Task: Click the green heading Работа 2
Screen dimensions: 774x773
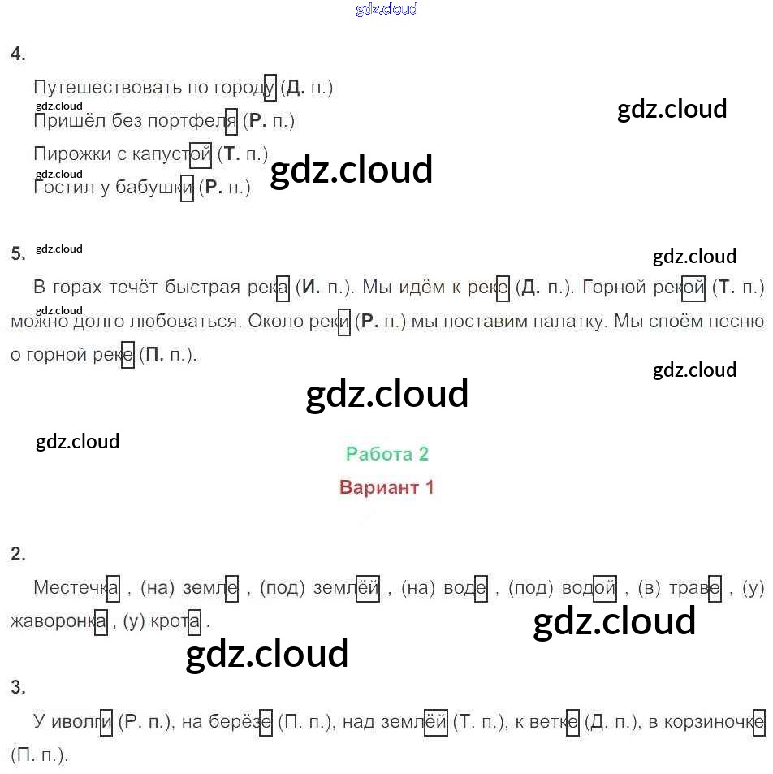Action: [x=386, y=454]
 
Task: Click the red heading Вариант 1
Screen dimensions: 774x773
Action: [x=386, y=488]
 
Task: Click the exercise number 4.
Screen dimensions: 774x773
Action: [x=18, y=54]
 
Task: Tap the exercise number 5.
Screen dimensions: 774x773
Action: [x=18, y=253]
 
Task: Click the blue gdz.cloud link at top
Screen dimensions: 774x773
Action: [x=386, y=10]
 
